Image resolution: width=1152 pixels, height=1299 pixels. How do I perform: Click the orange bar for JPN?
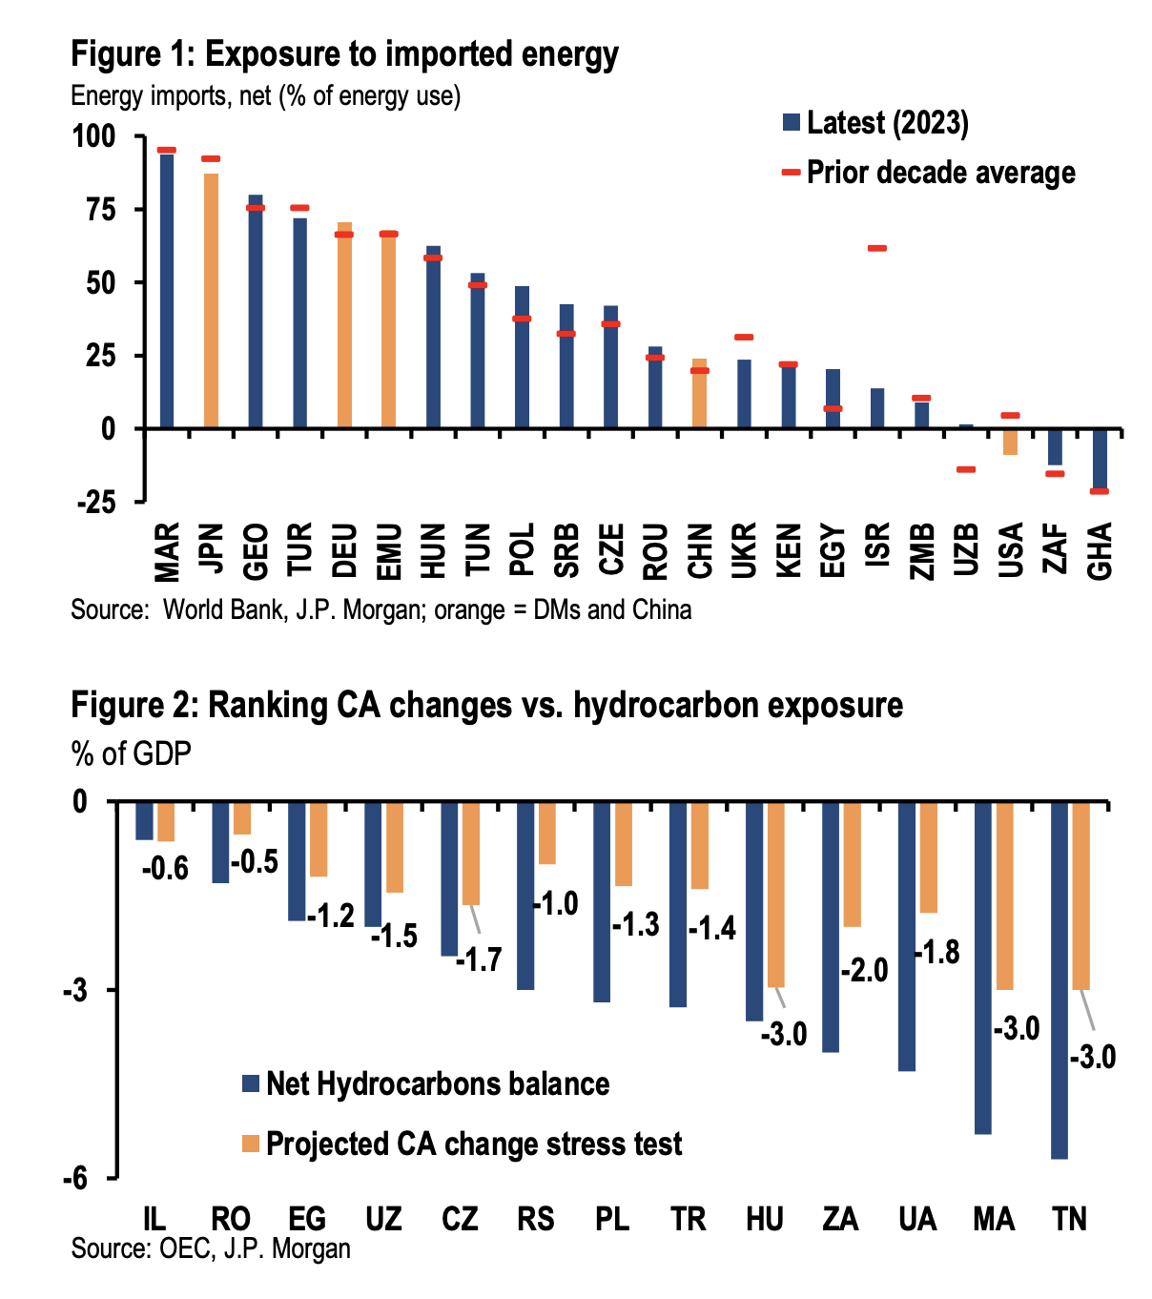pos(211,300)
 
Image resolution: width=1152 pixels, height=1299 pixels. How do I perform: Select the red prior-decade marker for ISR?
pos(877,249)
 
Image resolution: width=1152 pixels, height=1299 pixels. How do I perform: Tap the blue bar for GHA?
pos(1100,460)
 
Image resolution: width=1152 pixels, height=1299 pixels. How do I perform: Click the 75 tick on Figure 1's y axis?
pos(93,210)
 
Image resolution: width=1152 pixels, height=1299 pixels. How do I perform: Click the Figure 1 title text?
pos(344,54)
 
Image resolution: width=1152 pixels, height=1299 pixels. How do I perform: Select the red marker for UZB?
pos(966,469)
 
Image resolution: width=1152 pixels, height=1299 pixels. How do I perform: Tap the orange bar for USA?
pos(1011,442)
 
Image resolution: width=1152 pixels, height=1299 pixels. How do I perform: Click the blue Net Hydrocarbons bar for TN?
pos(1059,979)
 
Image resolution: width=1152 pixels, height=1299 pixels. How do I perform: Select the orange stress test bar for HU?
pos(775,895)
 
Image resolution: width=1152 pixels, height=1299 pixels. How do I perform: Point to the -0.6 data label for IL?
pos(165,869)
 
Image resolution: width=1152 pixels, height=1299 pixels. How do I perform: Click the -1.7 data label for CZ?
pos(479,959)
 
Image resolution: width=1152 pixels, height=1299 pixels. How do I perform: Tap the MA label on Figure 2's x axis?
pos(994,1219)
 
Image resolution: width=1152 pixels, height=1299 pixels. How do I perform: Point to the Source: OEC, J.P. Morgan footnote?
pos(211,1248)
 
